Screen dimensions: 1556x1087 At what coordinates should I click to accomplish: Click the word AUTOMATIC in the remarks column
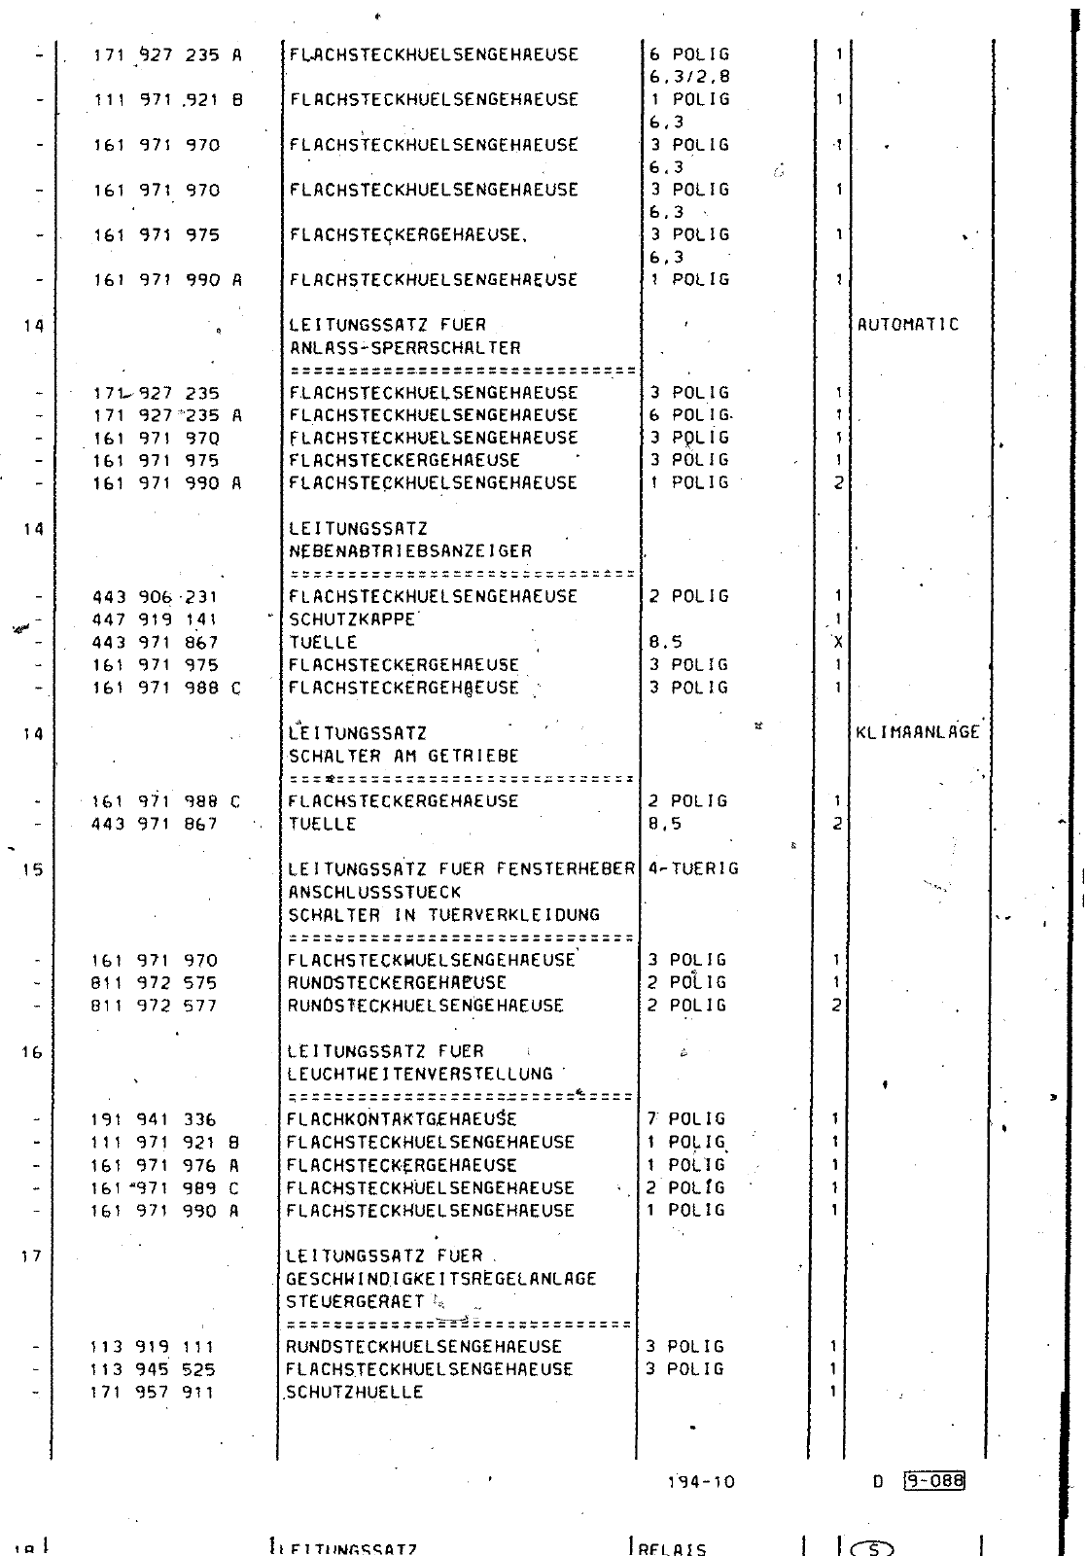(907, 325)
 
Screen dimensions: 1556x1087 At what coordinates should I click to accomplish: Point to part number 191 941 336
(154, 1119)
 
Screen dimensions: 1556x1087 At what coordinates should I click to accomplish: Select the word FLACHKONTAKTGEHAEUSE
(402, 1119)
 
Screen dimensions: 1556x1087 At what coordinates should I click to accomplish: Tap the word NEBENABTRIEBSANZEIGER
(410, 551)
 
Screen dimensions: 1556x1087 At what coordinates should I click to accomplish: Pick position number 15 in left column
(32, 869)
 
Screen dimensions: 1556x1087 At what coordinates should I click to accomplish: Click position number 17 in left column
(31, 1255)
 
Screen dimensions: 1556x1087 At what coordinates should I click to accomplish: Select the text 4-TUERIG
(693, 868)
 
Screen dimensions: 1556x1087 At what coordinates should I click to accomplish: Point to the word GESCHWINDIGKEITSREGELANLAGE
(441, 1279)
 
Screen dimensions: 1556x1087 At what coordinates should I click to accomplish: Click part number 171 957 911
(153, 1393)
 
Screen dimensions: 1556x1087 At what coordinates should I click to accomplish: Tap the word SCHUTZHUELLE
(355, 1393)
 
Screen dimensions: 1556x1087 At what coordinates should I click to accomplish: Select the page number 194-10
(701, 1482)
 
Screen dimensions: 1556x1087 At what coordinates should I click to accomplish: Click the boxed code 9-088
(933, 1481)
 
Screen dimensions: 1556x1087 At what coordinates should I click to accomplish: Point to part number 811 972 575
(154, 983)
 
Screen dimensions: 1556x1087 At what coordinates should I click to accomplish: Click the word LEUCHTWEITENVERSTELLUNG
(420, 1074)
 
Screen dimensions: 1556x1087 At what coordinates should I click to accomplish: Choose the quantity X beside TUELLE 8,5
(837, 642)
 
